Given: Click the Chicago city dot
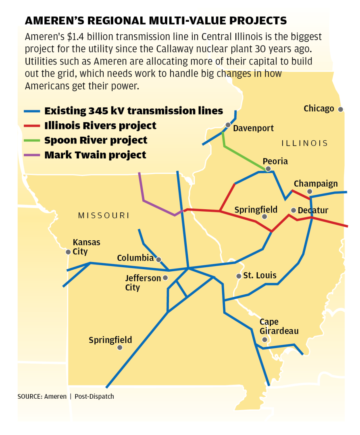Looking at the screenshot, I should [x=341, y=109].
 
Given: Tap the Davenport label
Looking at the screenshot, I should [x=254, y=128].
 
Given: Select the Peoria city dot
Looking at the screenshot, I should [x=268, y=169].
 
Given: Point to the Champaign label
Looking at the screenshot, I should [x=316, y=184].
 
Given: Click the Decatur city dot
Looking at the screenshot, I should [x=293, y=210].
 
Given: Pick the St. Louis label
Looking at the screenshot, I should [x=260, y=275].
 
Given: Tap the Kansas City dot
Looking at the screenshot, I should [x=68, y=252].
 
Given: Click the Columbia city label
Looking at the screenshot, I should [x=135, y=258].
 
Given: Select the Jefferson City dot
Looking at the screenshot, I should [x=165, y=278].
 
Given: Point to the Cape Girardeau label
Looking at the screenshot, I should [x=279, y=327].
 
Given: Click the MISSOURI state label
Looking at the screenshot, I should [x=104, y=216].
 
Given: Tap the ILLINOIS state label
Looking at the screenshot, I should [x=304, y=143].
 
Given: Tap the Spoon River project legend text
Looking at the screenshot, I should [x=96, y=140].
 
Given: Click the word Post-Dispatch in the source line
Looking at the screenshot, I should [x=94, y=396].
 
